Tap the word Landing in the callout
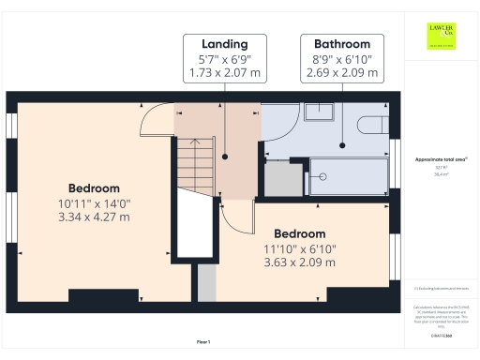pos(224,44)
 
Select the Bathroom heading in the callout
pos(341,44)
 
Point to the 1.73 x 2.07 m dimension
pos(224,72)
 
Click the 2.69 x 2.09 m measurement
pos(341,72)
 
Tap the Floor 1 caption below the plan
pos(203,341)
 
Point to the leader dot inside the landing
pos(224,145)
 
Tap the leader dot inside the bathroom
pos(341,145)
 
